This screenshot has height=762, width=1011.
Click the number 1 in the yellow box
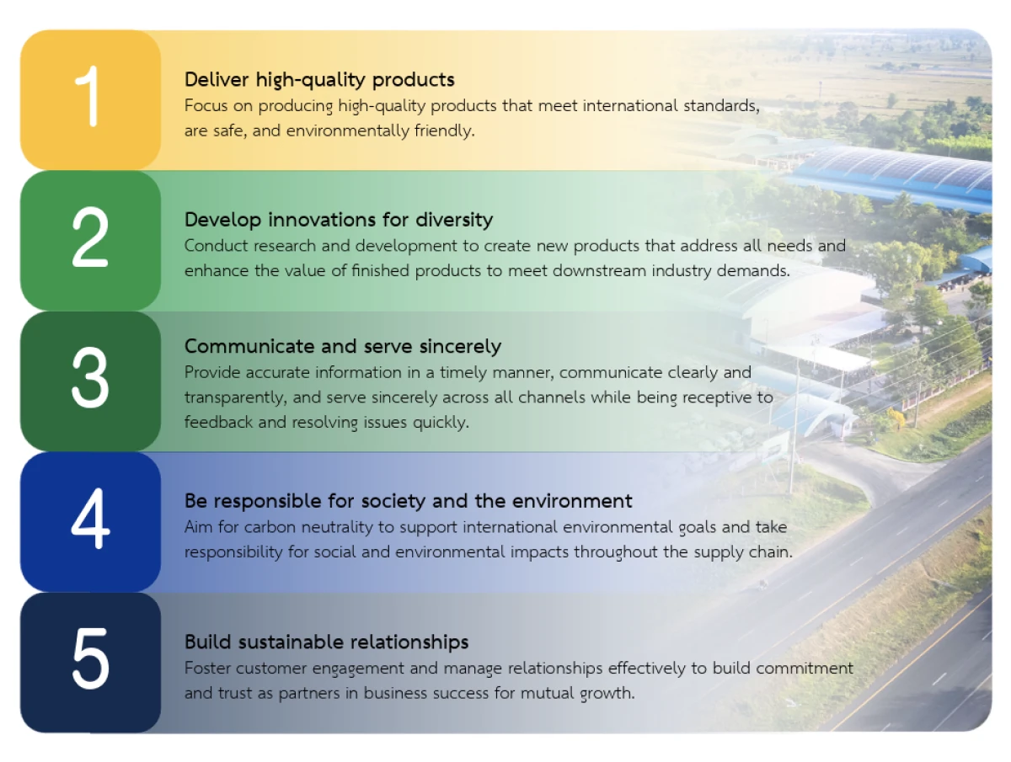88,96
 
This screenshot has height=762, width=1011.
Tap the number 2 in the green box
90,237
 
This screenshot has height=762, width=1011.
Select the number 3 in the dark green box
90,377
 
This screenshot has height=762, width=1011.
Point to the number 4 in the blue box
90,518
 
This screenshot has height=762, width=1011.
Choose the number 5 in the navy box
91,658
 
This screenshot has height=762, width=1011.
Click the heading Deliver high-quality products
319,80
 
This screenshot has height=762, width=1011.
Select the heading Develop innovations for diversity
339,220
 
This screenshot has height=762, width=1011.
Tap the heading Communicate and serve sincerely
343,347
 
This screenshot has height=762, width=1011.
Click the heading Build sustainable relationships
327,642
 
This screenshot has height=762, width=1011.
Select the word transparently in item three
236,397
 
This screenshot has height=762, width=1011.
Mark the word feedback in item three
218,422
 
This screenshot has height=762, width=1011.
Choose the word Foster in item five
207,669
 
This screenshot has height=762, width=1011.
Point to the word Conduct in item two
216,246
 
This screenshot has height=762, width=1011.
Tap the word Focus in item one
206,106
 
